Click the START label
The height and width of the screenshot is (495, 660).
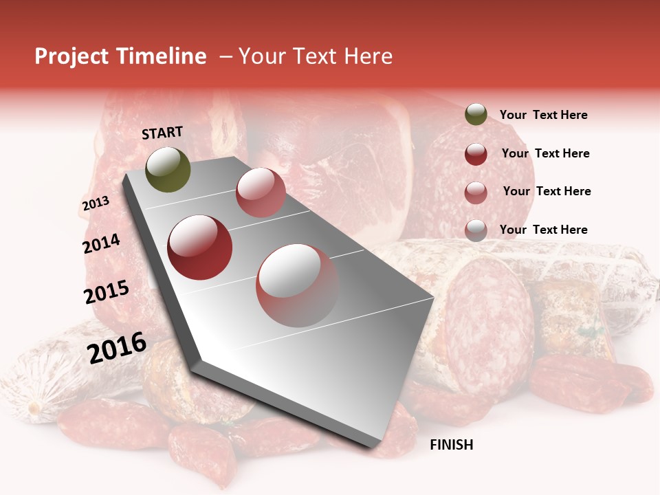[162, 133]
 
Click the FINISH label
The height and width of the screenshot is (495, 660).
[451, 445]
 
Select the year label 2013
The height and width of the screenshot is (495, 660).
[96, 203]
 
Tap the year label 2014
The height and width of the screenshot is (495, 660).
[101, 243]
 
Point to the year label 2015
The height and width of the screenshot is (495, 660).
[107, 292]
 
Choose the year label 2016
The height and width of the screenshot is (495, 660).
[117, 347]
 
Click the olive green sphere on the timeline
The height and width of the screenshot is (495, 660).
[168, 169]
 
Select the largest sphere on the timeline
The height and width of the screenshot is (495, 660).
[297, 285]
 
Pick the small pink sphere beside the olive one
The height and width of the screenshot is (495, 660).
[261, 192]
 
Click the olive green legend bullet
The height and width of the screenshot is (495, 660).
[476, 115]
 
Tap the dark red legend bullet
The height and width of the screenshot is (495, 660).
[476, 154]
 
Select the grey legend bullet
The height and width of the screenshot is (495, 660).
[476, 230]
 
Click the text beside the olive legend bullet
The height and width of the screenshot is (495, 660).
[543, 115]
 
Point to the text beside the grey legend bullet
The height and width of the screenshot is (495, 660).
[543, 230]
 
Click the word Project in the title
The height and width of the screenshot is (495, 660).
[71, 56]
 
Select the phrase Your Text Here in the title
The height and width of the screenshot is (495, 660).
[316, 56]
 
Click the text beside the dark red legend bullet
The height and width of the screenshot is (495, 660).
[545, 153]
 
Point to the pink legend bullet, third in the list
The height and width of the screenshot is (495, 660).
[476, 192]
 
